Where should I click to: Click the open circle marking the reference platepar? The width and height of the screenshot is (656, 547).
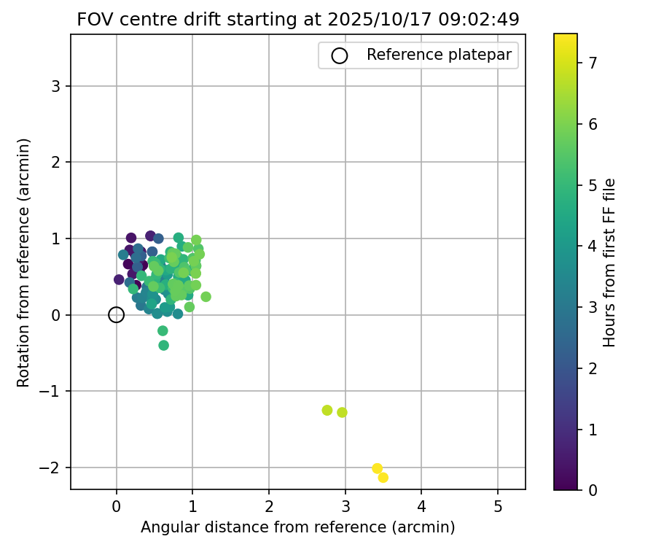116,315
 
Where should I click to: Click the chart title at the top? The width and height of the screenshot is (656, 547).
298,20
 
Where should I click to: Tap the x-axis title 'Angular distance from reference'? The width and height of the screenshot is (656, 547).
298,527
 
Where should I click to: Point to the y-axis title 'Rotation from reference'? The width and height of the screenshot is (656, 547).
24,263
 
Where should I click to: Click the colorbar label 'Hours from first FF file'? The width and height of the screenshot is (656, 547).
609,263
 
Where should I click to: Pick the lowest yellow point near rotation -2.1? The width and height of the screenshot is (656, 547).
383,477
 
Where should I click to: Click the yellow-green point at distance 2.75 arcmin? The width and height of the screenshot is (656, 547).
327,410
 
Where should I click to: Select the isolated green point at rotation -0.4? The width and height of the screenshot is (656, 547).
163,345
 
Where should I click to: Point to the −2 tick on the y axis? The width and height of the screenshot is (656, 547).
52,468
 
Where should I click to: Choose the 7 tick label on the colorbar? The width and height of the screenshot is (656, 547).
593,63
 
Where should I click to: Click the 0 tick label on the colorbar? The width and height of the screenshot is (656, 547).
593,489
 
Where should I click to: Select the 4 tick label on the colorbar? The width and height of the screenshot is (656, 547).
593,246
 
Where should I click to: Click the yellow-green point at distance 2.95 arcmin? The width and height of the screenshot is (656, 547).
342,412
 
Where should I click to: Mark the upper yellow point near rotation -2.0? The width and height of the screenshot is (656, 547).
377,468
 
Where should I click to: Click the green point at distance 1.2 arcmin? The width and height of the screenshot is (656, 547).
206,297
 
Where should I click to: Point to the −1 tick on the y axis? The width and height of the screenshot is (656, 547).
52,392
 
